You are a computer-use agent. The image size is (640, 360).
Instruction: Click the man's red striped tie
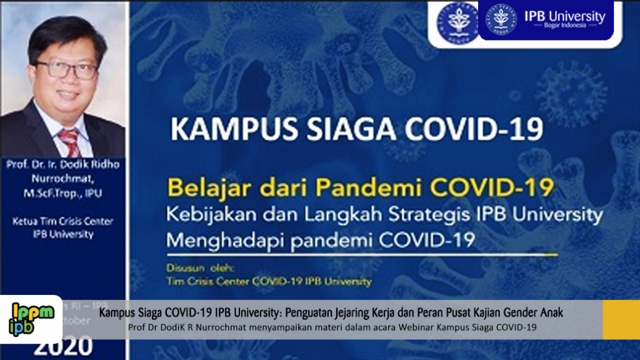pos(70,142)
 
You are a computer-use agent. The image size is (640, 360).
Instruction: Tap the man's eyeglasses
pos(66,69)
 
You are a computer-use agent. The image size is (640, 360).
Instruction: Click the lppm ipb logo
pos(32,319)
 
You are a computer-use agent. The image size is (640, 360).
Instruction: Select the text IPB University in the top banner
pos(565,16)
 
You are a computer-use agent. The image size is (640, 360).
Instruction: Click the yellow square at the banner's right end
pos(620,320)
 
